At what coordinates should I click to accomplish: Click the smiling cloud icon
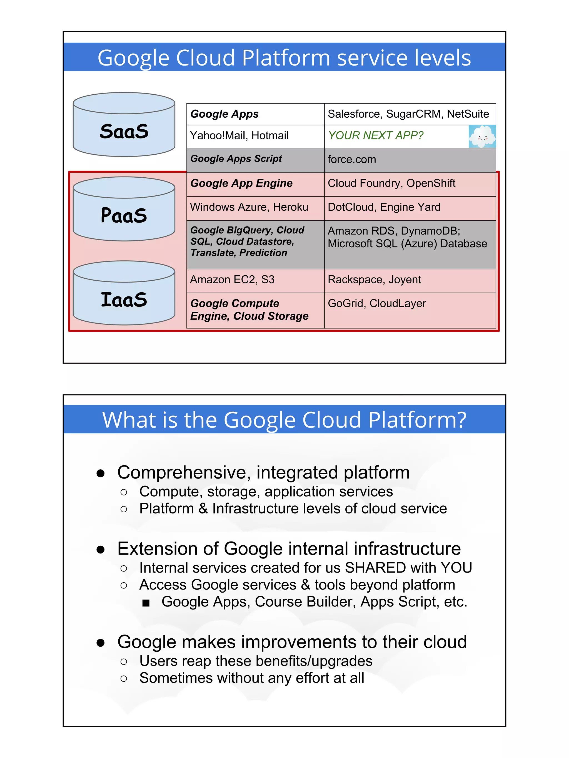coord(482,136)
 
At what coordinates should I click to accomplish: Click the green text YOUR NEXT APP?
coord(376,136)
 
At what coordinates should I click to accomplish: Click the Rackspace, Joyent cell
coord(410,280)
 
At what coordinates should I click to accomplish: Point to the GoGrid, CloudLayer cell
coord(410,310)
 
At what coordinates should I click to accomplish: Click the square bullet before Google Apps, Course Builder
coord(146,603)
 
